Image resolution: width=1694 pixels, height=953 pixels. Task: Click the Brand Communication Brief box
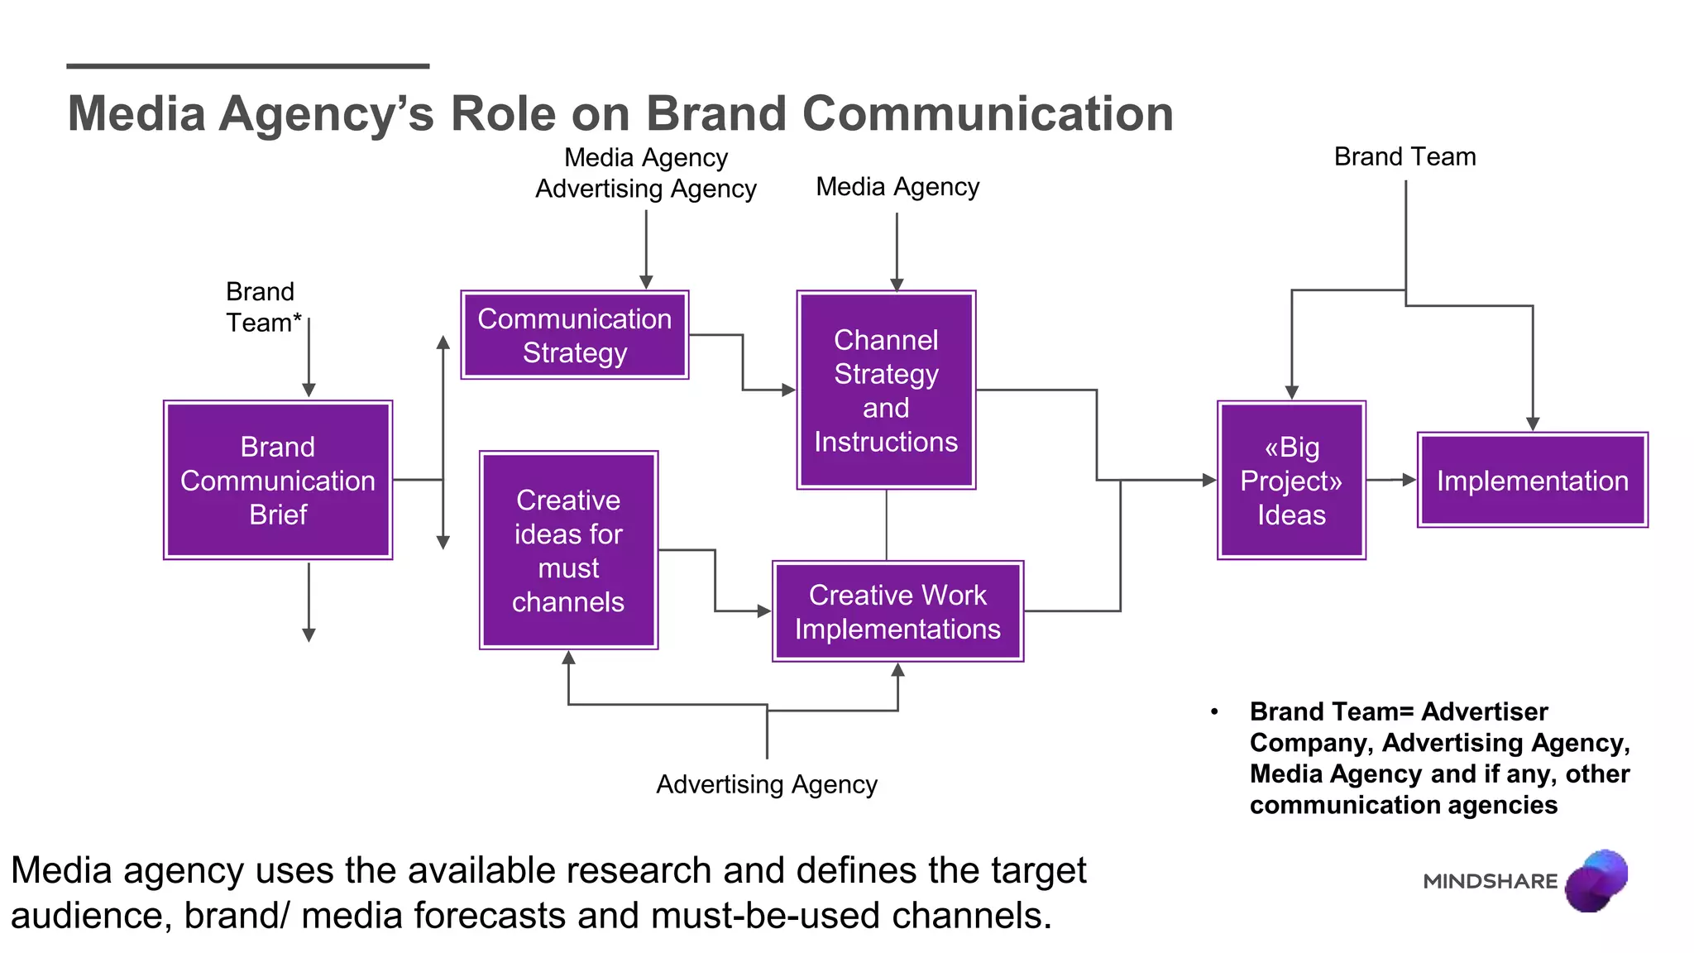(278, 480)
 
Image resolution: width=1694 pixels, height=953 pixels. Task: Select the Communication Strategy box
(574, 335)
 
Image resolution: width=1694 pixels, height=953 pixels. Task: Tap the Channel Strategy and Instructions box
(886, 390)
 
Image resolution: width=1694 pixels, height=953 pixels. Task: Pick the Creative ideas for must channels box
(568, 550)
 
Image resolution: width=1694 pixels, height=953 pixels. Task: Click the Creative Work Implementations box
(897, 611)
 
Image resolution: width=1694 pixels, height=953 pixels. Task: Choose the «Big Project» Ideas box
(1291, 480)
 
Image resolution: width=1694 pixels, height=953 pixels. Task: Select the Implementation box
(1532, 480)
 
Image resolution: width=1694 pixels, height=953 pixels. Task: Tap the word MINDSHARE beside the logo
(1490, 881)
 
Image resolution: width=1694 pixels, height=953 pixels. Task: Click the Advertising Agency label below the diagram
(766, 783)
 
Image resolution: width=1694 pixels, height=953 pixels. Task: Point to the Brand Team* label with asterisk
(263, 307)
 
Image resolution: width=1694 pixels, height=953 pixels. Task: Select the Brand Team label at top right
(1404, 156)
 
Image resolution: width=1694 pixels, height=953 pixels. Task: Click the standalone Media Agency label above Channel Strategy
(897, 187)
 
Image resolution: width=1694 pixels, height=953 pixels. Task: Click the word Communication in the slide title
(988, 113)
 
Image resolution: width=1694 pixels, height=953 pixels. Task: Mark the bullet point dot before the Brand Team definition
(1214, 712)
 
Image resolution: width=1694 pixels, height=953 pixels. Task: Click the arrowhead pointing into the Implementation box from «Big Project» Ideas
(1409, 480)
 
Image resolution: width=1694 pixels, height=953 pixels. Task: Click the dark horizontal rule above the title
(247, 65)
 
